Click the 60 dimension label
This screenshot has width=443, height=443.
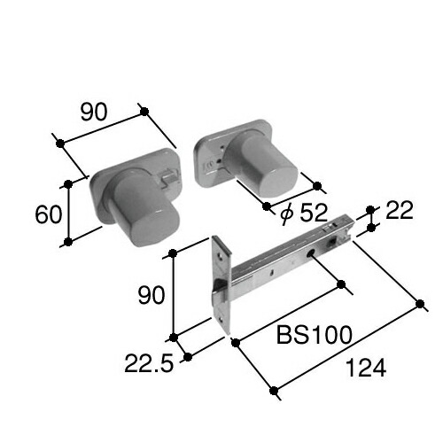49,214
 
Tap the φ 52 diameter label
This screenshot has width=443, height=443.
304,213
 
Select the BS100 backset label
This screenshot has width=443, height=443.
315,335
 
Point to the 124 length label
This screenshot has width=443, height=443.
366,368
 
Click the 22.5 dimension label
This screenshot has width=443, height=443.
149,363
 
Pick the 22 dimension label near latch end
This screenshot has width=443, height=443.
400,210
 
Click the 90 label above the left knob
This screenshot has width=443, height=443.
94,113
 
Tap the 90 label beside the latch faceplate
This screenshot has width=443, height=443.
151,295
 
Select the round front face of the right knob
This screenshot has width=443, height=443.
279,181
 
